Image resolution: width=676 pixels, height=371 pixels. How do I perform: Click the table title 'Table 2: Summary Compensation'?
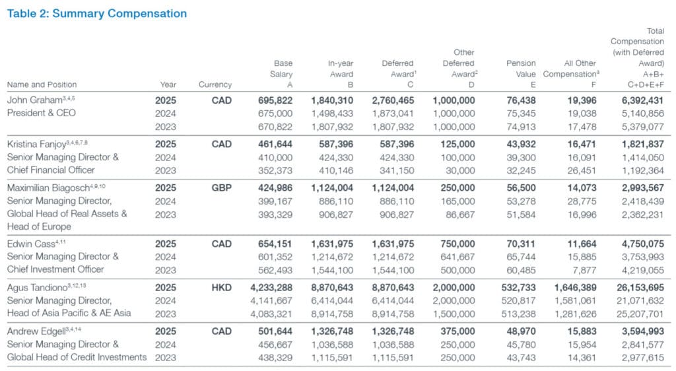(x=97, y=13)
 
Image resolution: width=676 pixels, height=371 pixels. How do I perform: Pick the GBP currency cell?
(x=221, y=187)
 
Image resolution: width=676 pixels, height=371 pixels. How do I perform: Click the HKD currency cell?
(x=221, y=288)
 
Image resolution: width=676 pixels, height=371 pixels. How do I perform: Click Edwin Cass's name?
(x=27, y=244)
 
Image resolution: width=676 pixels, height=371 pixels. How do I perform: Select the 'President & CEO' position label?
(x=41, y=113)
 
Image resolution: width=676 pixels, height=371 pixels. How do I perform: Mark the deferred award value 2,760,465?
(x=391, y=100)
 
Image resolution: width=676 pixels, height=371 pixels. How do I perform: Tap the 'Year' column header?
(x=168, y=84)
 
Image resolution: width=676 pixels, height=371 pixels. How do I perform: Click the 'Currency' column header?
(x=215, y=84)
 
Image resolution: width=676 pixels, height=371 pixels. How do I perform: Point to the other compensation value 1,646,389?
(x=576, y=288)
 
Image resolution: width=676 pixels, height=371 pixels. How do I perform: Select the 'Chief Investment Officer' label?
(x=55, y=269)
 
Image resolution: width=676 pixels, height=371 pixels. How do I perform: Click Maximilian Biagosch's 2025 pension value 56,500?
(x=522, y=187)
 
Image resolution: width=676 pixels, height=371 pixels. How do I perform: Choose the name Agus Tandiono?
(x=34, y=288)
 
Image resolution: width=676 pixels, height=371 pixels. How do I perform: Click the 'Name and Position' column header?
(x=42, y=84)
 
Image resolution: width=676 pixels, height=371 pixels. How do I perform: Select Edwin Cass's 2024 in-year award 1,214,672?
(x=332, y=257)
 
